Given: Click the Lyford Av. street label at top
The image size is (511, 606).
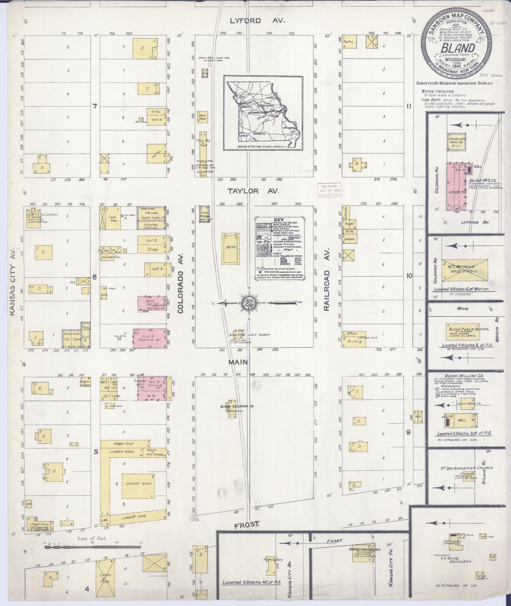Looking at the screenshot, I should coord(258,21).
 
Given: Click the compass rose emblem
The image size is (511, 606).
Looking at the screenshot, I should coord(246,302).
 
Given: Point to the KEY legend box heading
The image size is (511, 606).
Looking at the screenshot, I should coord(278,220).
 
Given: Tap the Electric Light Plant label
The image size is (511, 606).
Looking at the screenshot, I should coord(250,335).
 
